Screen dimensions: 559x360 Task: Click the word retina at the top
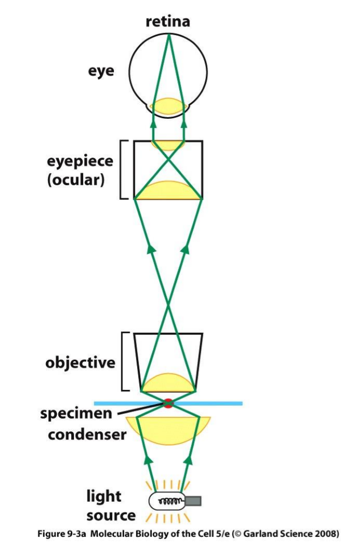tap(168, 22)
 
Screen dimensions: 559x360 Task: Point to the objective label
tap(80, 362)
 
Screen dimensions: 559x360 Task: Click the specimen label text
tap(76, 414)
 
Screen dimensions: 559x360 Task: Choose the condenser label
tap(87, 434)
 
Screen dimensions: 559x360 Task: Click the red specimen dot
tap(168, 403)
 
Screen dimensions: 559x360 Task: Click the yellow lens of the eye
tap(168, 106)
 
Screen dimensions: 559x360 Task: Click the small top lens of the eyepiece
tap(168, 145)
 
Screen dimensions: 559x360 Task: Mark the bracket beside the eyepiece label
tap(123, 170)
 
